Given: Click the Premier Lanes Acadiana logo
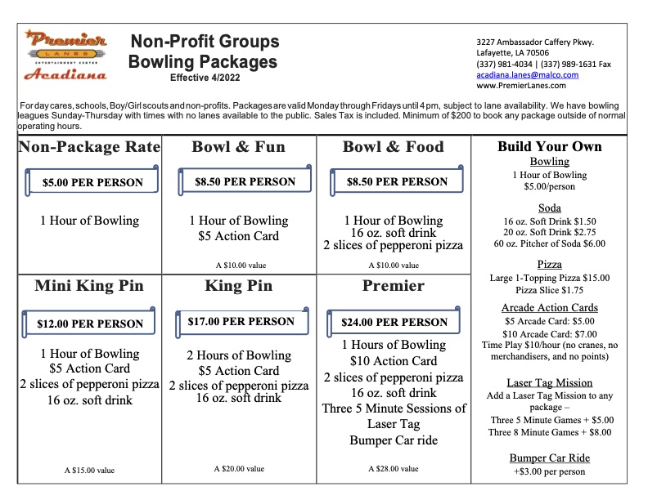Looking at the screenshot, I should tap(65, 55).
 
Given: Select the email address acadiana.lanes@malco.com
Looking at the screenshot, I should tap(527, 74).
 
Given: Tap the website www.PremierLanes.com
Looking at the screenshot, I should tap(520, 85).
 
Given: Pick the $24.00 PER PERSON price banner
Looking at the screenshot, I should tap(394, 322).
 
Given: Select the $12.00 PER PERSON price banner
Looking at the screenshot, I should tap(90, 324).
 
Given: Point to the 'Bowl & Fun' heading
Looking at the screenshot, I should tap(238, 147).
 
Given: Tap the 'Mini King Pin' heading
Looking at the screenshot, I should tap(89, 286).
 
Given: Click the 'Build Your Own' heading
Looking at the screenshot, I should tap(549, 147).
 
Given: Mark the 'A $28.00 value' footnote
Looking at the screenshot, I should tap(394, 469).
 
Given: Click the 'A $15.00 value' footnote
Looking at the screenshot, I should tap(89, 471).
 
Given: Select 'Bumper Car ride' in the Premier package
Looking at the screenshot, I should tap(394, 440).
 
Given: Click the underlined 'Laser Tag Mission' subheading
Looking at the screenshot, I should tap(549, 382).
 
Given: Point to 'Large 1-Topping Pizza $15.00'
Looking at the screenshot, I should tap(549, 278).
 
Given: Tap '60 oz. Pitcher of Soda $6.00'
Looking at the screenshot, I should tap(549, 243).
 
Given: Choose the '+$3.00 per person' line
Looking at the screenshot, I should tap(549, 471).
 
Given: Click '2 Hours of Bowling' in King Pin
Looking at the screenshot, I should tap(238, 355).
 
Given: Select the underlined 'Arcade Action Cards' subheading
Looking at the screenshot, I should tap(549, 308).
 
